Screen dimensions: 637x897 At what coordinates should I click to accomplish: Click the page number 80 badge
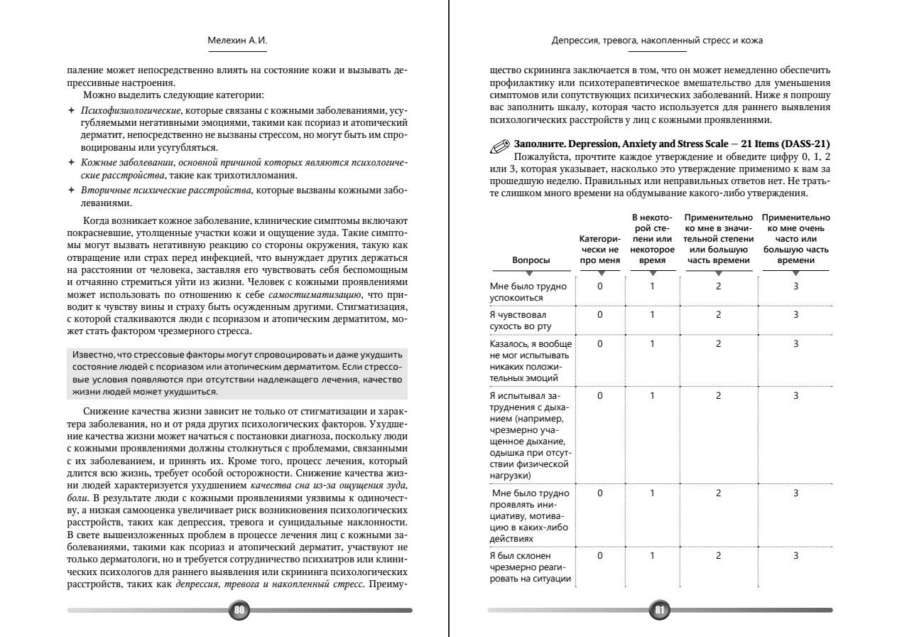click(239, 609)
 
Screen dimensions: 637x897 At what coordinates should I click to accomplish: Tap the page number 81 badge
click(660, 609)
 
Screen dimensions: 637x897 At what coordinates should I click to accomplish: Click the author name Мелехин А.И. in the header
click(239, 41)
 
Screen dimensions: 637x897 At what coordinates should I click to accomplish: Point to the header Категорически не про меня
click(599, 250)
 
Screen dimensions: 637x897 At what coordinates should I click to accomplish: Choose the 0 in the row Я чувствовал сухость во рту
click(599, 314)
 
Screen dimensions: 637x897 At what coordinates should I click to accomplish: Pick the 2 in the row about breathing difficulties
click(719, 395)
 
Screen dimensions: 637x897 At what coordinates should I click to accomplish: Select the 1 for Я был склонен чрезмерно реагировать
click(651, 555)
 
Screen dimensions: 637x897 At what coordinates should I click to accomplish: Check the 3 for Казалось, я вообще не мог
click(795, 344)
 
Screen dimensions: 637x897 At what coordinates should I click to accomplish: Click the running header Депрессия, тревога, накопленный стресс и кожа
click(658, 41)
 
